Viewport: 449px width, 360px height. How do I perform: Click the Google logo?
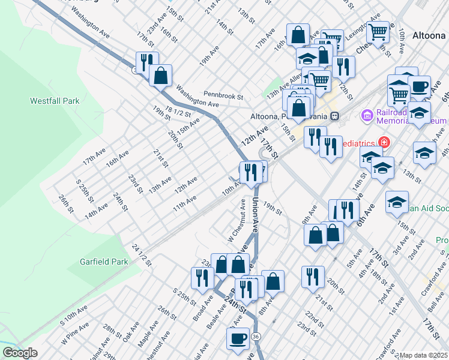coord(20,353)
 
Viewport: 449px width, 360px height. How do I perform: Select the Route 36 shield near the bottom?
coord(256,336)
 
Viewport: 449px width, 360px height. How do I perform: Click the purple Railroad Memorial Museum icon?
coord(367,115)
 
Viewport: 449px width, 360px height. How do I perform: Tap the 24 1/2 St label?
coord(139,256)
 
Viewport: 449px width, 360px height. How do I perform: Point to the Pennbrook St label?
coord(223,95)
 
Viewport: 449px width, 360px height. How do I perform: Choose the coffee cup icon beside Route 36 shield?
coord(237,337)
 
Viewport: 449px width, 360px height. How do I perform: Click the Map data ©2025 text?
coord(423,355)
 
